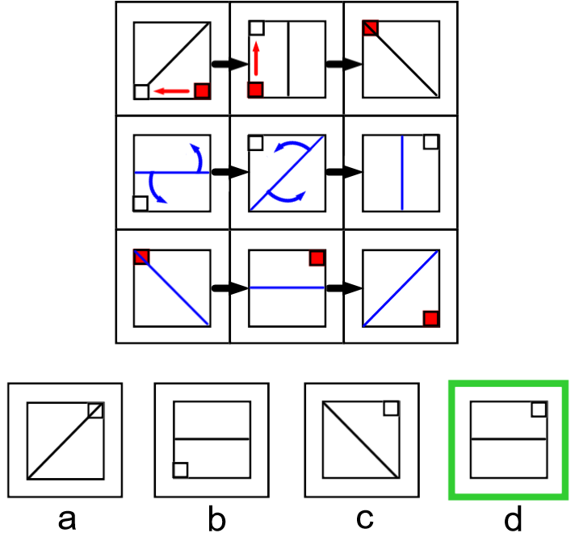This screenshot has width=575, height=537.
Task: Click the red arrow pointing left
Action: [x=171, y=91]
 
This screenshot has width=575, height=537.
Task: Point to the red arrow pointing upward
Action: [x=256, y=60]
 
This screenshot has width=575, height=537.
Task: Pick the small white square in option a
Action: [x=95, y=410]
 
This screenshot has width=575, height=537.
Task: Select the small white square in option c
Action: [x=391, y=408]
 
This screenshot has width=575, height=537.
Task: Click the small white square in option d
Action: [x=539, y=409]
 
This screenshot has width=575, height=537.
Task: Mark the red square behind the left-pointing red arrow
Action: [x=202, y=90]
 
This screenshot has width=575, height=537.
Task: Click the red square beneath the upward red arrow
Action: [x=256, y=89]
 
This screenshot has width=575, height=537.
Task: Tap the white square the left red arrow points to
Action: [x=141, y=91]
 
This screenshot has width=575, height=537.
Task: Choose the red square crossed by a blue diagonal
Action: [x=141, y=257]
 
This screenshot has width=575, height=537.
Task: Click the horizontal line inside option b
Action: [x=212, y=439]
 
